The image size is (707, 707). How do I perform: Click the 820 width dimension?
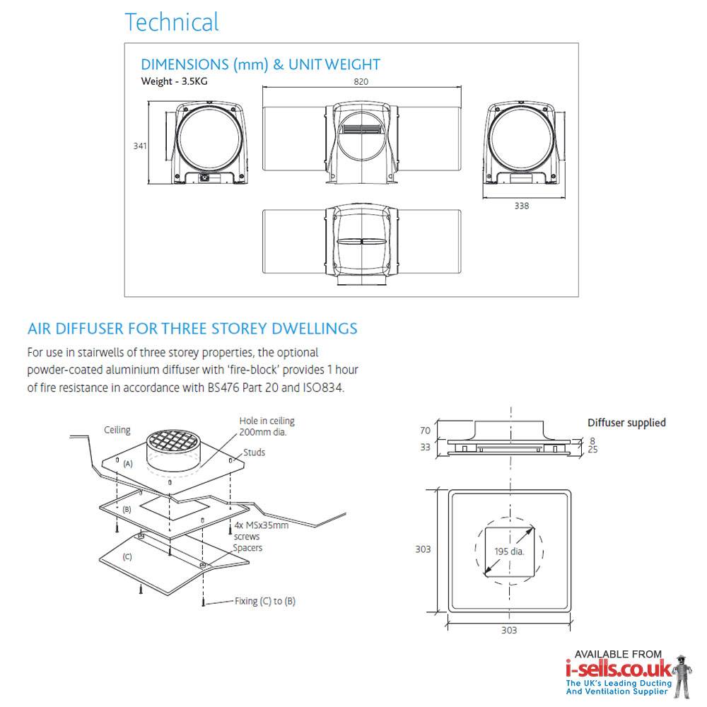tap(361, 81)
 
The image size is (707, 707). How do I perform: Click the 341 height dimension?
tap(140, 146)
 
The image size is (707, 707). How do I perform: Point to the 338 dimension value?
tap(522, 206)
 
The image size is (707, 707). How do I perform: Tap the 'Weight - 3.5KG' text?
tap(175, 81)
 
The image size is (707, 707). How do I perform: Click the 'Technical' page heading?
tap(172, 22)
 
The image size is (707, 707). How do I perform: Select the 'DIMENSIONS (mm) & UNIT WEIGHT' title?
tap(261, 64)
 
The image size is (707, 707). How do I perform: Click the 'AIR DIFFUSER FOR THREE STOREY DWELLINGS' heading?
tap(192, 329)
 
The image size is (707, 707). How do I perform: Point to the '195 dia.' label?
tap(509, 551)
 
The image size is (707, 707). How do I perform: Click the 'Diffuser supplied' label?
tap(626, 423)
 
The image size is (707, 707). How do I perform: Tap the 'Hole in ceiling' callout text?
tap(267, 421)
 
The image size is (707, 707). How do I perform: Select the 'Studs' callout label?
tap(255, 452)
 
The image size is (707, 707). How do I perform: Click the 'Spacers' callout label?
tap(247, 548)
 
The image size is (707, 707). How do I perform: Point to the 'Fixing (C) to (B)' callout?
tap(265, 602)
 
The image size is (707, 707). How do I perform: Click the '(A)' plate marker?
tap(128, 464)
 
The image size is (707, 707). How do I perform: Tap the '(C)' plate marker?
tap(127, 556)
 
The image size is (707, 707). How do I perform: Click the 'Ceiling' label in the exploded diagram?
tap(117, 430)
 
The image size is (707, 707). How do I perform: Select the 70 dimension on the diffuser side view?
tap(425, 429)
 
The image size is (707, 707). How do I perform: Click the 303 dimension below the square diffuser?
tap(509, 630)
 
